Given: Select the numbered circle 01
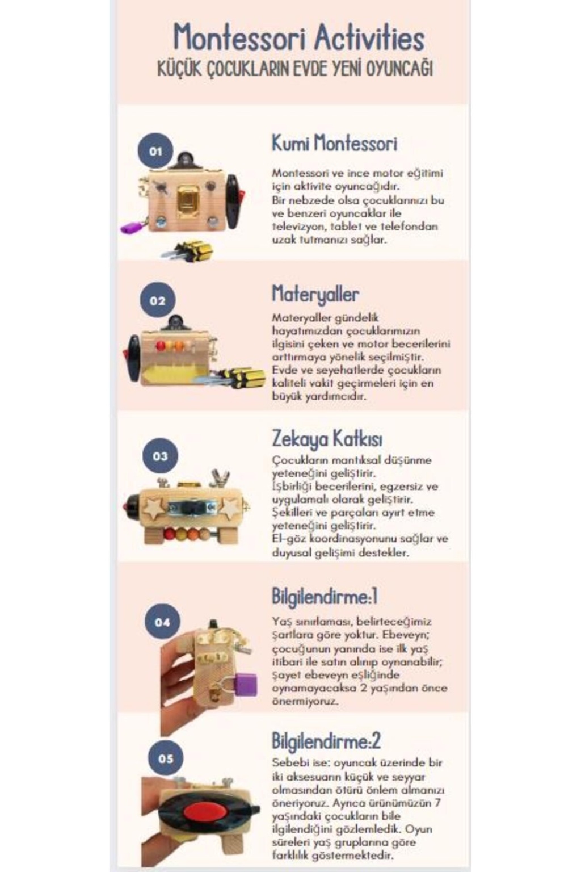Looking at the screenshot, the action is [x=155, y=150].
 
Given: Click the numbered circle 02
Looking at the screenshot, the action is [x=157, y=300].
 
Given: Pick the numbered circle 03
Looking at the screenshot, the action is [x=160, y=455].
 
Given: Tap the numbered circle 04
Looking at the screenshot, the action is [x=162, y=622].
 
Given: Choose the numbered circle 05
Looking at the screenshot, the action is [x=165, y=758].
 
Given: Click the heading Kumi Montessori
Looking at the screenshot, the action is [x=334, y=143].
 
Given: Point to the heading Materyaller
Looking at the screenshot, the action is [x=315, y=294].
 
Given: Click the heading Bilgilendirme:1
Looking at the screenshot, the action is [x=325, y=597].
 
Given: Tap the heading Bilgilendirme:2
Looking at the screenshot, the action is [x=326, y=740].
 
